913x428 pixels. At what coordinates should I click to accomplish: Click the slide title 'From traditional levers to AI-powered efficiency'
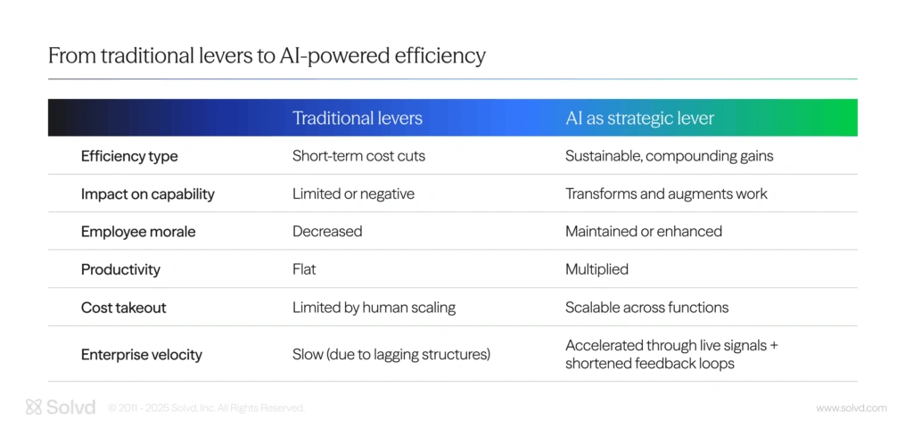pyautogui.click(x=267, y=56)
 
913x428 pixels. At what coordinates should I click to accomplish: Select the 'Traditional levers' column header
pyautogui.click(x=357, y=119)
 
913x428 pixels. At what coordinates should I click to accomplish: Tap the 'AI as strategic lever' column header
pyautogui.click(x=639, y=119)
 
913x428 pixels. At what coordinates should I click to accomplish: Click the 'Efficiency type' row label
pyautogui.click(x=129, y=156)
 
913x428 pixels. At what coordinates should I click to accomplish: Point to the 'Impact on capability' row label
pyautogui.click(x=148, y=193)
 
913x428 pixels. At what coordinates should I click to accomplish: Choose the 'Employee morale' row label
pyautogui.click(x=138, y=232)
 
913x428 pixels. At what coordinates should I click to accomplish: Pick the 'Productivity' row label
pyautogui.click(x=120, y=269)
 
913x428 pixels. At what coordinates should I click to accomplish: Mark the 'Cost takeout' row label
pyautogui.click(x=123, y=308)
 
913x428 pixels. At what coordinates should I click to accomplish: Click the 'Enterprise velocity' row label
pyautogui.click(x=142, y=355)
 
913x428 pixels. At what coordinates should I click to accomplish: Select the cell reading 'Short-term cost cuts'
pyautogui.click(x=358, y=156)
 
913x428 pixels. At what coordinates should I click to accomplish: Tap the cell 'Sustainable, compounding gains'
pyautogui.click(x=669, y=157)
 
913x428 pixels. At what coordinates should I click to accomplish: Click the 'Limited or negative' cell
pyautogui.click(x=353, y=193)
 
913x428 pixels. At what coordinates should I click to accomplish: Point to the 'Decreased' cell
pyautogui.click(x=327, y=231)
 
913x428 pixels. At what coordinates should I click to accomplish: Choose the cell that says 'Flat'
pyautogui.click(x=304, y=269)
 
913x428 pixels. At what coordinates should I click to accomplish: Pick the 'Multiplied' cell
pyautogui.click(x=596, y=269)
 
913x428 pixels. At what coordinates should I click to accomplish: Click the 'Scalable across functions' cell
pyautogui.click(x=647, y=307)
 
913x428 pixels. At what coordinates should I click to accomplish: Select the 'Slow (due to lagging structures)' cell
pyautogui.click(x=391, y=355)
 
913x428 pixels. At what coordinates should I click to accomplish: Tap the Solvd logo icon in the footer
pyautogui.click(x=34, y=407)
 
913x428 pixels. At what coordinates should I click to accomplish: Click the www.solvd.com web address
pyautogui.click(x=851, y=408)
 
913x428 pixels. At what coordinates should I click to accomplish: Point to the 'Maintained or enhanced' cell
pyautogui.click(x=644, y=231)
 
